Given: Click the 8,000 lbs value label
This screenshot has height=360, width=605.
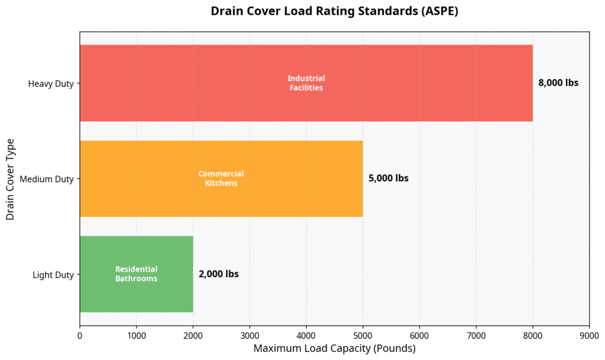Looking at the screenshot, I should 558,83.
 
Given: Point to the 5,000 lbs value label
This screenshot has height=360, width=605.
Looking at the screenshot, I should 388,179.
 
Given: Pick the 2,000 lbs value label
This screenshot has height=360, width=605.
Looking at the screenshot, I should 219,274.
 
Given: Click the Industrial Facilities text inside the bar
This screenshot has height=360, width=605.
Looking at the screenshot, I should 306,83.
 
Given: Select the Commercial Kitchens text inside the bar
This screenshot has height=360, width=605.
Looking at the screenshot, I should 221,179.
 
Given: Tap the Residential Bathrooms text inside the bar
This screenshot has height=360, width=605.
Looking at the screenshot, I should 136,274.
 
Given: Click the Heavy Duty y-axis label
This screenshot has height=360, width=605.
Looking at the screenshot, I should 51,84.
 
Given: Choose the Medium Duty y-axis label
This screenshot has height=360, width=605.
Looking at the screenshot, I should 47,179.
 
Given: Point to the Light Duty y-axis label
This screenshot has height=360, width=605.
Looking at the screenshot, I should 53,275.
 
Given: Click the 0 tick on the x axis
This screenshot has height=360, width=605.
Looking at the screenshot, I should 80,335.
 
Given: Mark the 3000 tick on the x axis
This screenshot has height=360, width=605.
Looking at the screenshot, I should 249,335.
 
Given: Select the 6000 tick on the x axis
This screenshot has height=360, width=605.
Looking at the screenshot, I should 419,335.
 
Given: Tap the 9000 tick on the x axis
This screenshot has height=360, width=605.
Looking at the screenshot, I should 589,335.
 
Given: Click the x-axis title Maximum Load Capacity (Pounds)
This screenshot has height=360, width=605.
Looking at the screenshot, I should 334,349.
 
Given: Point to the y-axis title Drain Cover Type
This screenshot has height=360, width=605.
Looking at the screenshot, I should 10,179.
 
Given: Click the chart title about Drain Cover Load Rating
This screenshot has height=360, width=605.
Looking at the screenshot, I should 334,12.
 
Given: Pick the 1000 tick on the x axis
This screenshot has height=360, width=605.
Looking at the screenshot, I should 136,335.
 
